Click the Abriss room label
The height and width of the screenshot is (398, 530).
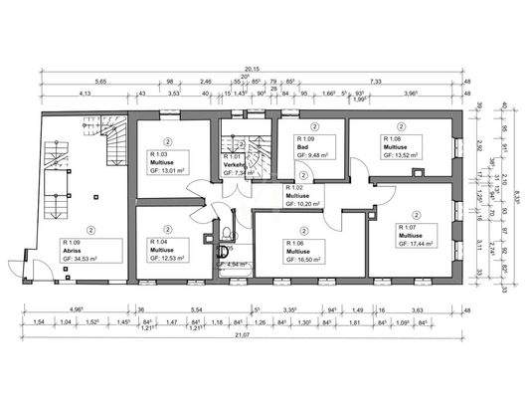73,250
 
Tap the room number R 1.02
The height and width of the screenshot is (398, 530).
295,187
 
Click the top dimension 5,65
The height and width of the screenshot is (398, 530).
75,81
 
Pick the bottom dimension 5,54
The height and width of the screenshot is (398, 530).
197,309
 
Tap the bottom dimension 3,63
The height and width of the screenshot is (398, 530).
419,309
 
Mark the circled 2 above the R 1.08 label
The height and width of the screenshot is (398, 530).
401,127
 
